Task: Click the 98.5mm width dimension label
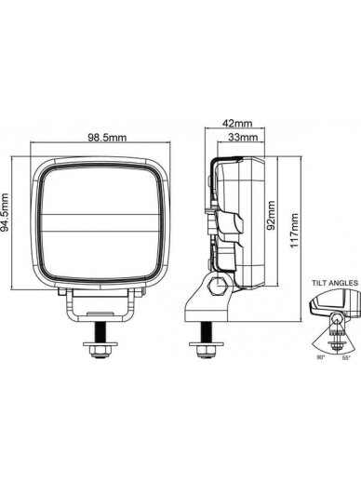[x=107, y=137]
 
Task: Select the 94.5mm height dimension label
[x=5, y=212]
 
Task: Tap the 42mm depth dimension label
[x=237, y=123]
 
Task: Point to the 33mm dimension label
[x=243, y=137]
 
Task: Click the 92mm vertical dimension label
[x=271, y=215]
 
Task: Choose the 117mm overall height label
[x=294, y=231]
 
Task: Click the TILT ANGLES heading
[x=335, y=283]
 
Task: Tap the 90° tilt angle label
[x=321, y=357]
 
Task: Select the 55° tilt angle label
[x=346, y=357]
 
